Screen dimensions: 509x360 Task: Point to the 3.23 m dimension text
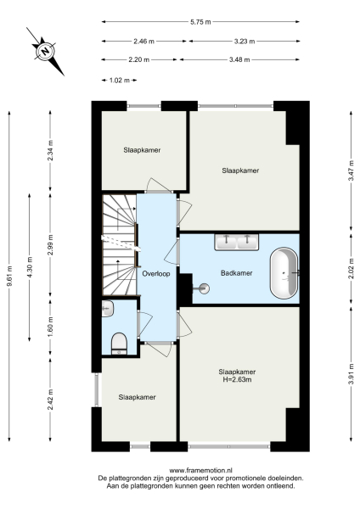245,40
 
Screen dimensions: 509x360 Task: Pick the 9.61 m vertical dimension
9,277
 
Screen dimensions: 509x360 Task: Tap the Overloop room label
157,274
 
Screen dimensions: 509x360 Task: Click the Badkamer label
234,274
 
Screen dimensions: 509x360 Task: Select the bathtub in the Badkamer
284,273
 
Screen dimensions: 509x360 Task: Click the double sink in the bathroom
237,242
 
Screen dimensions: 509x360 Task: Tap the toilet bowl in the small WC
120,342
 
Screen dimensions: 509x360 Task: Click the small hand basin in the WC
107,307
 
